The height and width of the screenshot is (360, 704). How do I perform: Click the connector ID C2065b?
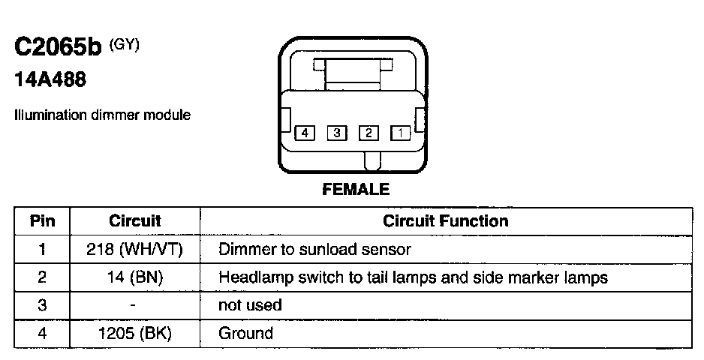[58, 48]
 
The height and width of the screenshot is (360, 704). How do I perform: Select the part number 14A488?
[50, 80]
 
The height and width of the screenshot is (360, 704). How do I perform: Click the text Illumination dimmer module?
[102, 115]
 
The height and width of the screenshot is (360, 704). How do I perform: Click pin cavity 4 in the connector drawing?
[304, 133]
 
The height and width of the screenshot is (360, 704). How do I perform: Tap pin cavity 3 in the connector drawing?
[336, 133]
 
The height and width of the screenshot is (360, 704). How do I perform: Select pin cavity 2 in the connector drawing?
[369, 133]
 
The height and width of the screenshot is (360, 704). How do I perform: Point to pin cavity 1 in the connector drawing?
[401, 133]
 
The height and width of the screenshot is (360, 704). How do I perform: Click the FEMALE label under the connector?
[356, 190]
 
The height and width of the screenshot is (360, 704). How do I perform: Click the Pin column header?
[42, 221]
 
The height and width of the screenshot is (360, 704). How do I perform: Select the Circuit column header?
[135, 221]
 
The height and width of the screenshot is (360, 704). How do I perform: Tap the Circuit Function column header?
[445, 221]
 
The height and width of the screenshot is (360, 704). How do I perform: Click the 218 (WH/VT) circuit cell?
[135, 249]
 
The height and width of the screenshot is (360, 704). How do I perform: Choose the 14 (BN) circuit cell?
[135, 277]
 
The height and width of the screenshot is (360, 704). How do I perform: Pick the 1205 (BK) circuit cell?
[135, 333]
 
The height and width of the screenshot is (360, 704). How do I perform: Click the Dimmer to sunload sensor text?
[314, 249]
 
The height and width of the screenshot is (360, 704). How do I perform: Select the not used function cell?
[250, 305]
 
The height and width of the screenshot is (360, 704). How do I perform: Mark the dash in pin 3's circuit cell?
[132, 305]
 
